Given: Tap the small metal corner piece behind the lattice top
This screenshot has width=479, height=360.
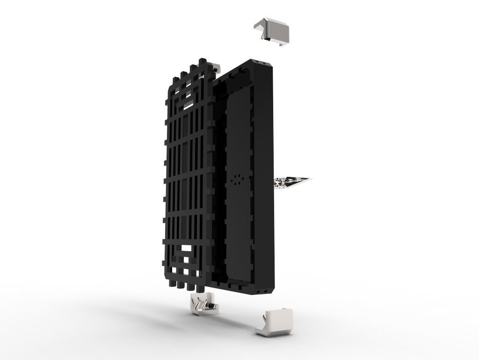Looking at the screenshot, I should [215, 67].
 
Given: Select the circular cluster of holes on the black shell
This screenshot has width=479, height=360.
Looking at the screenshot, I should [238, 180].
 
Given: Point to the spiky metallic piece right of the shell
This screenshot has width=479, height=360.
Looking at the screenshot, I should [292, 182].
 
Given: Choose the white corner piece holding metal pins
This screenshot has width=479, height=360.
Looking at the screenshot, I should [203, 304].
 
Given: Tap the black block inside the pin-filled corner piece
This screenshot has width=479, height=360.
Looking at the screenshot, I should [212, 307].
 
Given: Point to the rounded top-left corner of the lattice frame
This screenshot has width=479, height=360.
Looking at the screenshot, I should [169, 88].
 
